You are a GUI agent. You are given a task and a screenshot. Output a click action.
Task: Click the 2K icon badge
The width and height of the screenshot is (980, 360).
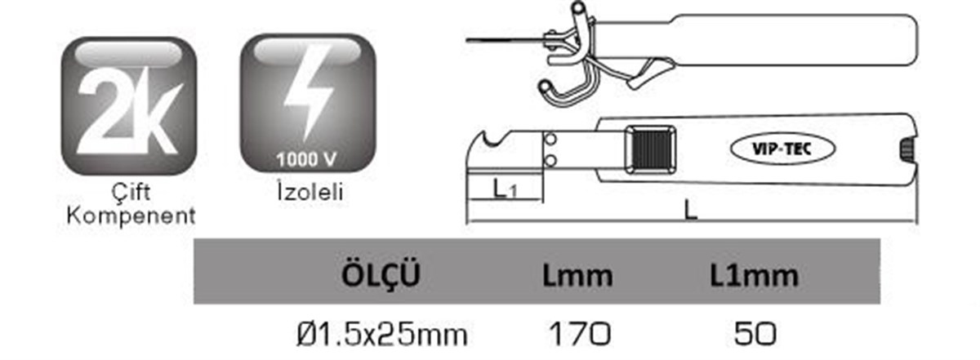[x=129, y=106]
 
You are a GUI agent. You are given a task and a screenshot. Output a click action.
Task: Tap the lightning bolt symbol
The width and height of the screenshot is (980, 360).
[x=309, y=93]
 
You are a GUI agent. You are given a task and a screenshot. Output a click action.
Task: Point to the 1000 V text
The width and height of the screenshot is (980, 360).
[x=306, y=160]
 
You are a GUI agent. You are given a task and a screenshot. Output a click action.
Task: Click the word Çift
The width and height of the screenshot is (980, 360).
[x=131, y=192]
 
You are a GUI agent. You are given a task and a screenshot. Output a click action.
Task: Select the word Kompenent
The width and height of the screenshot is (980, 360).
[x=131, y=216]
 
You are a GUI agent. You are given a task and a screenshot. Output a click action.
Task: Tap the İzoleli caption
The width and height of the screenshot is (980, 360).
[x=310, y=192]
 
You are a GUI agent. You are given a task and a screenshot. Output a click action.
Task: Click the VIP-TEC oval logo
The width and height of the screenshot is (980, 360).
[x=782, y=149]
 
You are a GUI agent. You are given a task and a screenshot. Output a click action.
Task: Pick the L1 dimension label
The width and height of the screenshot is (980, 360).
[x=505, y=189]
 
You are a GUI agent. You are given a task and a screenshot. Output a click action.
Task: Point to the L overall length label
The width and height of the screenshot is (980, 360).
[x=690, y=211]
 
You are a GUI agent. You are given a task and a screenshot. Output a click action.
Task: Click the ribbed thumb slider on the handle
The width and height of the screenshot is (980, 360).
[x=650, y=149]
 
